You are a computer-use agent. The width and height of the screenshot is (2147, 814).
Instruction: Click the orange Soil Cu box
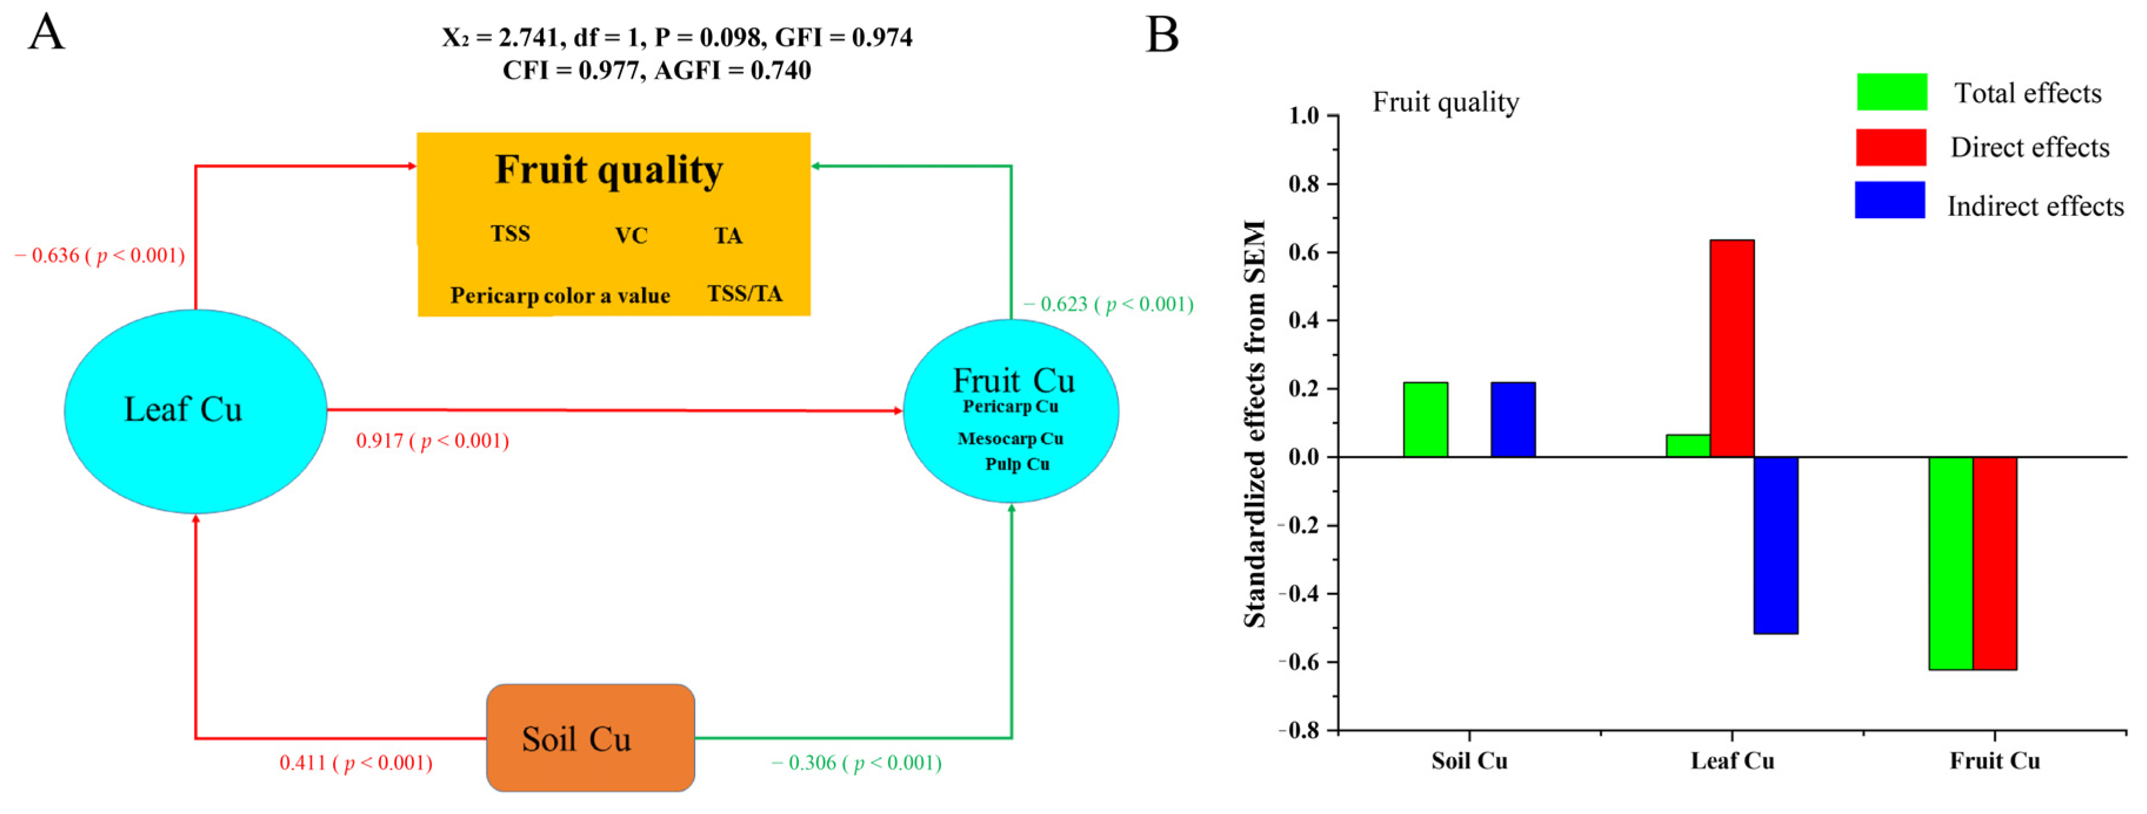[590, 738]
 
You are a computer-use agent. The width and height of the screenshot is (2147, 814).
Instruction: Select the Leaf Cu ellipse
[195, 411]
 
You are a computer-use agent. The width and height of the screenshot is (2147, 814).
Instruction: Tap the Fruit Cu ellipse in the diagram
[1011, 411]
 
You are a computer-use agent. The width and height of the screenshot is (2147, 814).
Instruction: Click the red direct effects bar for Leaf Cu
[1732, 348]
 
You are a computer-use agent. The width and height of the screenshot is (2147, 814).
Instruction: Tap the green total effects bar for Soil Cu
[1425, 419]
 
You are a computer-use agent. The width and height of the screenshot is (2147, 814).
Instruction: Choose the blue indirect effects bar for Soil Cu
[1513, 419]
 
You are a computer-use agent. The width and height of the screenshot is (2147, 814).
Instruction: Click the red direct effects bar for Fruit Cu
[1995, 563]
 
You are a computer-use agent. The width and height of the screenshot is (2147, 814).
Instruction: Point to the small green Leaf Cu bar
[1688, 446]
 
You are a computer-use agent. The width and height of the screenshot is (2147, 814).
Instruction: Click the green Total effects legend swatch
[1891, 92]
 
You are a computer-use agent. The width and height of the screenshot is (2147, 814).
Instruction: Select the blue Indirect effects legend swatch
[1889, 200]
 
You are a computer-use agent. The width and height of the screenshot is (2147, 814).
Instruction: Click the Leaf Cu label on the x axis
[1732, 760]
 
